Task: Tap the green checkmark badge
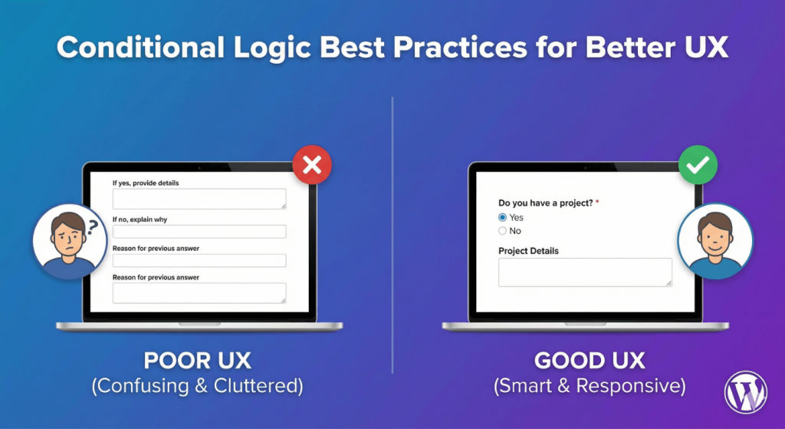pyautogui.click(x=698, y=166)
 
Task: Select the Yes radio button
pyautogui.click(x=503, y=217)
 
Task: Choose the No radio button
pyautogui.click(x=503, y=230)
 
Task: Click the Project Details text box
pyautogui.click(x=585, y=272)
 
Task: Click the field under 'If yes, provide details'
pyautogui.click(x=199, y=199)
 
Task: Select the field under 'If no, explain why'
pyautogui.click(x=199, y=232)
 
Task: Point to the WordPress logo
pyautogui.click(x=745, y=393)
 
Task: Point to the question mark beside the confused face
pyautogui.click(x=93, y=226)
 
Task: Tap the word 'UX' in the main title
pyautogui.click(x=701, y=48)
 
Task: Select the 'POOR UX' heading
pyautogui.click(x=197, y=361)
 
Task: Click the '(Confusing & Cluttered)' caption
pyautogui.click(x=197, y=386)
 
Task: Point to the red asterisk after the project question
pyautogui.click(x=596, y=203)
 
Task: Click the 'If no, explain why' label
pyautogui.click(x=140, y=219)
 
